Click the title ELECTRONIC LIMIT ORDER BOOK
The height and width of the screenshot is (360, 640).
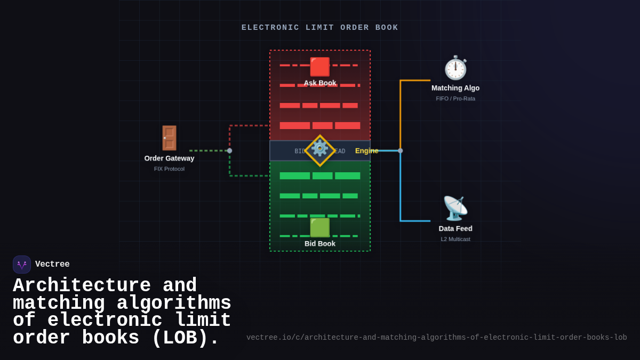tap(320, 28)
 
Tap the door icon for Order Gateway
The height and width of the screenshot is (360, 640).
tap(169, 138)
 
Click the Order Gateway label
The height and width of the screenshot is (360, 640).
tap(169, 158)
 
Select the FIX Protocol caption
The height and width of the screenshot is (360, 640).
tap(169, 169)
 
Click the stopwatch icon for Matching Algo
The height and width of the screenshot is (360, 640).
tap(455, 68)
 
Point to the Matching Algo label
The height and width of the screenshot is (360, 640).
tap(455, 88)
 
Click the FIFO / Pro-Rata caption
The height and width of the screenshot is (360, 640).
tap(455, 99)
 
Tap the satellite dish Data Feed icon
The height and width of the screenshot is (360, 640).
tap(455, 209)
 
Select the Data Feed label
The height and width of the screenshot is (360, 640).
tap(455, 229)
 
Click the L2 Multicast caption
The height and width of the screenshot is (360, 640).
tap(455, 239)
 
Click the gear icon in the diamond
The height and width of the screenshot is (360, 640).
tap(320, 149)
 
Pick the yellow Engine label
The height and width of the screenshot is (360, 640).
tap(366, 151)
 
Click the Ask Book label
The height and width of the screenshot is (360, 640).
tap(320, 83)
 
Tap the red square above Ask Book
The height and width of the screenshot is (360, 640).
tap(320, 67)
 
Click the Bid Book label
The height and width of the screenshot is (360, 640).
tap(320, 244)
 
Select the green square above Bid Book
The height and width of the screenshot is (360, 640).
tap(320, 228)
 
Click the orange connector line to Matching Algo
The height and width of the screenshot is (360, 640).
tap(401, 112)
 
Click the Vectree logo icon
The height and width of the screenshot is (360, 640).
tap(22, 265)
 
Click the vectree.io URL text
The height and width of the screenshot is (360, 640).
tap(436, 338)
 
